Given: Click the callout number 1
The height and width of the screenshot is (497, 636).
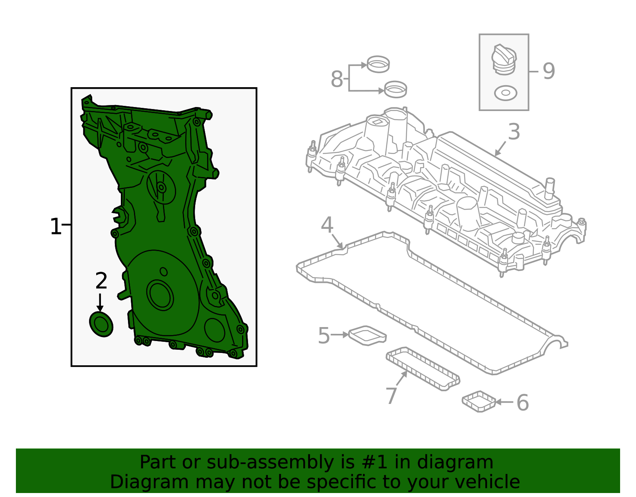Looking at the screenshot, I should [x=55, y=227].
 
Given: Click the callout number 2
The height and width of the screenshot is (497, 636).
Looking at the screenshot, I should [x=101, y=281].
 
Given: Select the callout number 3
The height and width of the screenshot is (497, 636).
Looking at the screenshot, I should [x=514, y=132].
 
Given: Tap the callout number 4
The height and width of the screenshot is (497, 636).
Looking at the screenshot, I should [x=327, y=225].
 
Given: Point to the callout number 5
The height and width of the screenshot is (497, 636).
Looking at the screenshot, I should [x=324, y=335].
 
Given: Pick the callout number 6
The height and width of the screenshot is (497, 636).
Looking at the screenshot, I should [x=522, y=403].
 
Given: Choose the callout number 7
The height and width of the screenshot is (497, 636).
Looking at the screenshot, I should [x=392, y=396].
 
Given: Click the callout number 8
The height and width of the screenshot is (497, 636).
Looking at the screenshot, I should [x=336, y=79].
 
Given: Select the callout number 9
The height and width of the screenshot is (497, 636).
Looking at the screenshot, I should [x=549, y=72].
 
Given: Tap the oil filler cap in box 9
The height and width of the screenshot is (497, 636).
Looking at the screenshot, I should [x=504, y=60].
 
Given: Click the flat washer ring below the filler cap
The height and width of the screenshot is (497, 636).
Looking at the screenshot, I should [x=505, y=93].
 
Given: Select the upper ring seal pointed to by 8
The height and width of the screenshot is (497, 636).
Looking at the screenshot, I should [x=378, y=64].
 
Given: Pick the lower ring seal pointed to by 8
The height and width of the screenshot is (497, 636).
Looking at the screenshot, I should [x=396, y=89].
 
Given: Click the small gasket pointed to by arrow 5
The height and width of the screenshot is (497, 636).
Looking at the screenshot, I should [x=367, y=335].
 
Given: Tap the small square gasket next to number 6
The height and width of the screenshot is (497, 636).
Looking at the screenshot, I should [x=479, y=401].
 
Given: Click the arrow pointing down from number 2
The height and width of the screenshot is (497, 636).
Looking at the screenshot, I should [x=100, y=302].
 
